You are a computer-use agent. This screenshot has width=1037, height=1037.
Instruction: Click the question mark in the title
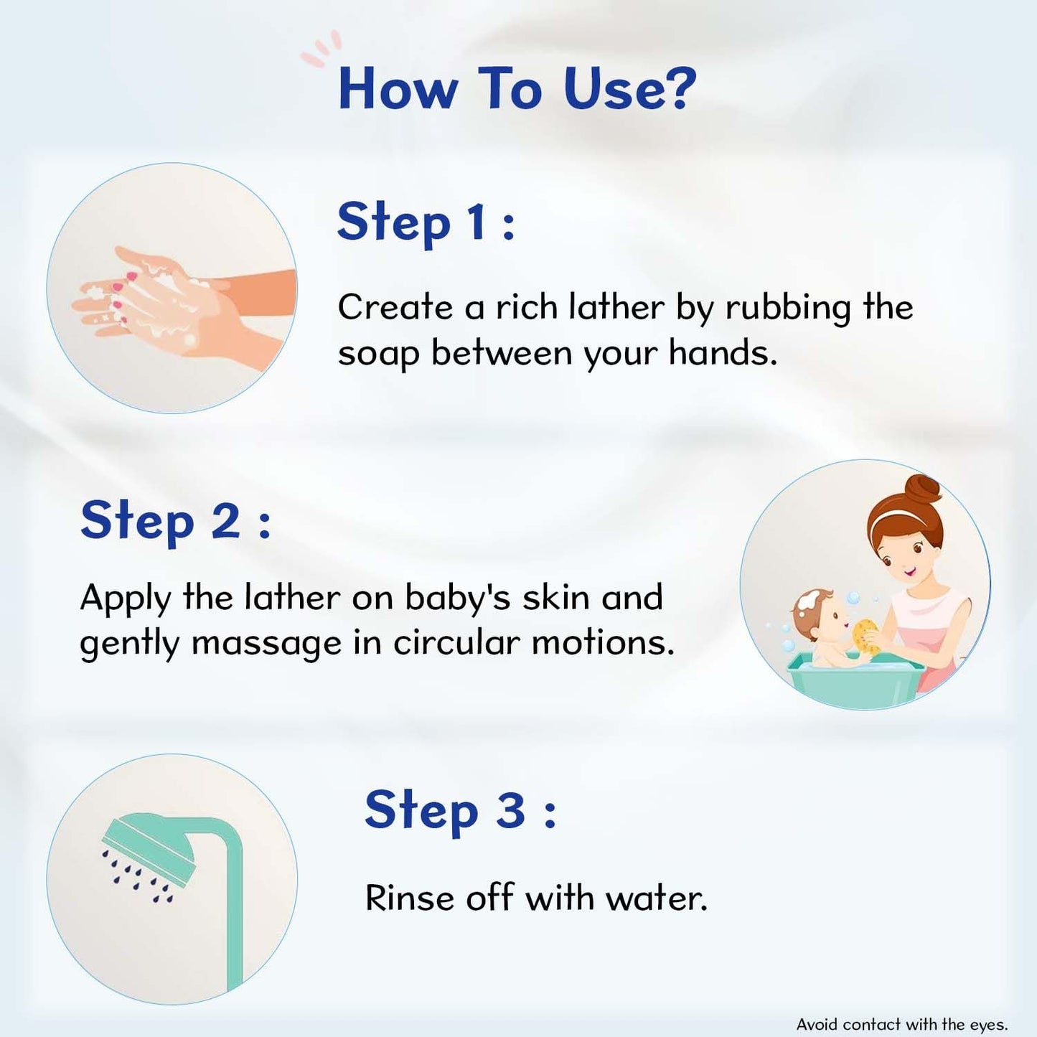(x=674, y=89)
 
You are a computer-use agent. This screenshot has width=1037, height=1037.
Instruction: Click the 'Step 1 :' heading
(x=426, y=222)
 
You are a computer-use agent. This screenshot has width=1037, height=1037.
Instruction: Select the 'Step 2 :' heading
(x=174, y=521)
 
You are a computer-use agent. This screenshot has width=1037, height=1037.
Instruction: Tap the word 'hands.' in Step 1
(x=723, y=354)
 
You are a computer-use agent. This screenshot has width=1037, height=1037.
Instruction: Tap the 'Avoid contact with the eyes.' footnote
(x=901, y=1023)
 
